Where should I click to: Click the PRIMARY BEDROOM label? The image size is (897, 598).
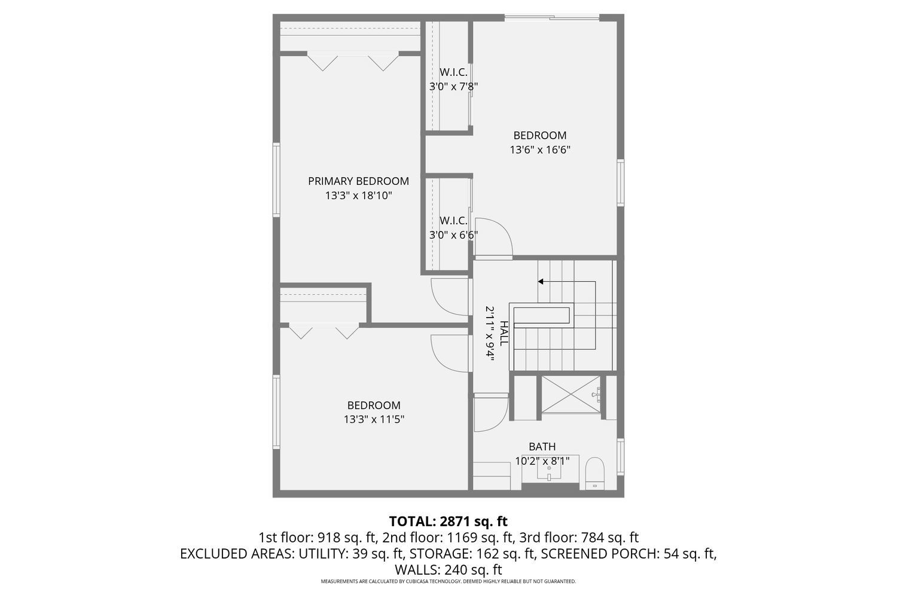pos(358,181)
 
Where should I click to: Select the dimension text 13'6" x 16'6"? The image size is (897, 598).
pos(539,150)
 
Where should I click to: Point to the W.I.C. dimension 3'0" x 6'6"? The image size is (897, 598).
pos(453,235)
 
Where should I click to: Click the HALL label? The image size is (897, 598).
pos(504,333)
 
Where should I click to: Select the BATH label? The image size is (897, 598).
pos(542,447)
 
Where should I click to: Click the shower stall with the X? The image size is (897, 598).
pos(570,393)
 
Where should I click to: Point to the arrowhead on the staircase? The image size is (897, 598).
pos(541,281)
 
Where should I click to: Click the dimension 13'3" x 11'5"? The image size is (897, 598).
pos(374,419)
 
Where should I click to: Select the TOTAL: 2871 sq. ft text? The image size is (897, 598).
pos(448,521)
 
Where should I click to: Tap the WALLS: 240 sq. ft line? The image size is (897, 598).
pos(448,569)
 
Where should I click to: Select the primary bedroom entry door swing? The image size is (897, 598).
pos(450,297)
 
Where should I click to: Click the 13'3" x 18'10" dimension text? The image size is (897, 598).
pos(358,196)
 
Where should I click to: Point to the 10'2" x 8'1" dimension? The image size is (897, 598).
pos(542,461)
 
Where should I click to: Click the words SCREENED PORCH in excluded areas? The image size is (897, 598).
pos(598,554)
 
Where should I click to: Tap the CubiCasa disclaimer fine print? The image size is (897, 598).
pos(448,581)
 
